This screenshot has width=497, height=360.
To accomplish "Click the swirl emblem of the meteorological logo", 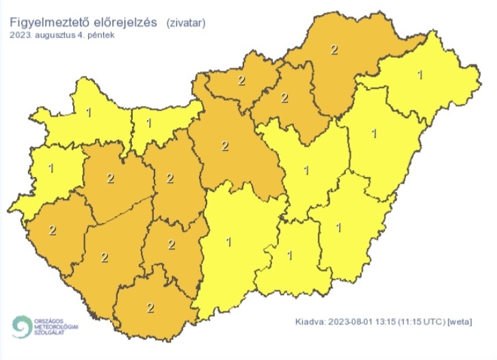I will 22,326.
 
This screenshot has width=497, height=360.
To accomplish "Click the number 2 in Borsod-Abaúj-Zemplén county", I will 334,49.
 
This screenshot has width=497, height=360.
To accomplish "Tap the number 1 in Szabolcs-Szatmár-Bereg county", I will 420,74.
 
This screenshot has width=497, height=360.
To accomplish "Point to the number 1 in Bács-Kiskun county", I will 228,242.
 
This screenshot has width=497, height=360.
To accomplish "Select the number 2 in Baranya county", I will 150,307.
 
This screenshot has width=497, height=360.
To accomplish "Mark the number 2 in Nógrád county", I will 241,81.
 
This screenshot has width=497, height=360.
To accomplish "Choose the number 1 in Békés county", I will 339,227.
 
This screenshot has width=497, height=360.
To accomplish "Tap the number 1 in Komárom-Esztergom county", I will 150,123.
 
